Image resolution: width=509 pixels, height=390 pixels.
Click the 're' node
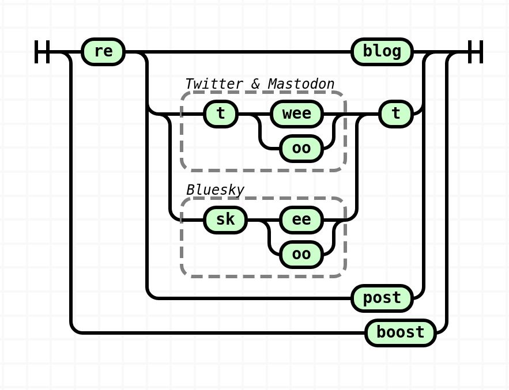coord(103,52)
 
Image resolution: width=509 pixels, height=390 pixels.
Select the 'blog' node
coord(382,52)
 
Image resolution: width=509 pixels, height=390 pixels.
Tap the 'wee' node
coord(297,114)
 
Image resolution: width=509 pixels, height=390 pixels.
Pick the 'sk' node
coord(225,220)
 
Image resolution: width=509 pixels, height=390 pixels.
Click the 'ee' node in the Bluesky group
coord(301,220)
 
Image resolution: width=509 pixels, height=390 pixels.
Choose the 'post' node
coord(382,298)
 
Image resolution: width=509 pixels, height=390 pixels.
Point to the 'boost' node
coord(400,333)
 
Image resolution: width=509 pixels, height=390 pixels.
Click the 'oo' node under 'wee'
coord(301,149)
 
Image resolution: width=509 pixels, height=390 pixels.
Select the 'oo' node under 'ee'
coord(301,255)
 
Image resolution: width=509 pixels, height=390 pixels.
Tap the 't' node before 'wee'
coord(221,114)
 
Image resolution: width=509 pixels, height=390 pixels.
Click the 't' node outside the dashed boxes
coord(396,114)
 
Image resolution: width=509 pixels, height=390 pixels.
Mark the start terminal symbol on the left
coord(42,52)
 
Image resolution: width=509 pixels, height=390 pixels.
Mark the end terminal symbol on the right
coord(475,52)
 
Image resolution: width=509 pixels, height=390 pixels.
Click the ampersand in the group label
coord(255,84)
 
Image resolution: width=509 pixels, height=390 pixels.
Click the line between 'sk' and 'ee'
coord(263,220)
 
